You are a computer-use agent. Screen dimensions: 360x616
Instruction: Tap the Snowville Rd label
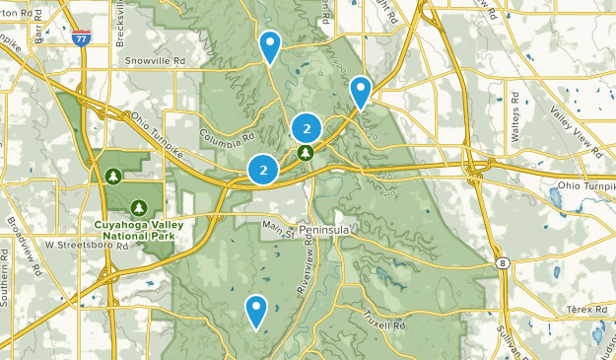(x=156, y=60)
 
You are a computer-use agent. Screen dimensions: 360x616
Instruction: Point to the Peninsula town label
(x=325, y=228)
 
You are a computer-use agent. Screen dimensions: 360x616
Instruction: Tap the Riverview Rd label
(x=309, y=268)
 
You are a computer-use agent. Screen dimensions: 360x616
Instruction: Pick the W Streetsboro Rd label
(x=87, y=244)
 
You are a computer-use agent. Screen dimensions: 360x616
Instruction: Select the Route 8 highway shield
(x=504, y=264)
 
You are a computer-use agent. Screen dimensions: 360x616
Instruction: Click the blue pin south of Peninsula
(x=256, y=311)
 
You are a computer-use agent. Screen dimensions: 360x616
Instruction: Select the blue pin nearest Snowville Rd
(x=269, y=45)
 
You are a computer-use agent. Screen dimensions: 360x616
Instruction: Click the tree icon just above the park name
(x=139, y=207)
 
